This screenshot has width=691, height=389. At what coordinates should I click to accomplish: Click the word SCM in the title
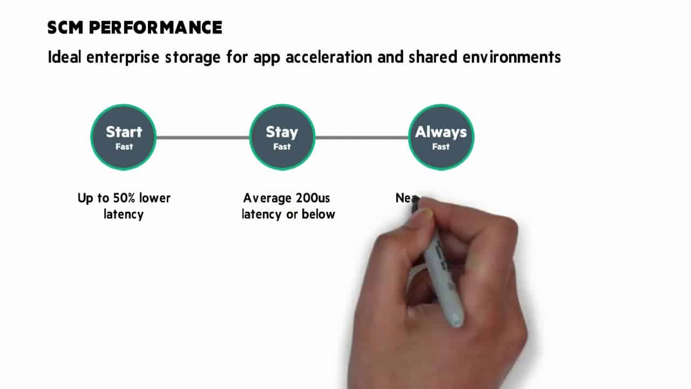[65, 28]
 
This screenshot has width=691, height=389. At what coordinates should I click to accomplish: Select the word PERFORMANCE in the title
[155, 28]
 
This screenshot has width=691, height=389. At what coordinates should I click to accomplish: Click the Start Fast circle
[124, 137]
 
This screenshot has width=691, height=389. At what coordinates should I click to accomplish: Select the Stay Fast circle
[282, 137]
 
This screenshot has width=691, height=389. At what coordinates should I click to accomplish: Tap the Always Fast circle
[441, 137]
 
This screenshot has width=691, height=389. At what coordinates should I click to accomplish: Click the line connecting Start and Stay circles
[202, 138]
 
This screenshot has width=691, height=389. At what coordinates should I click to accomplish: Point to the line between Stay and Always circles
[361, 138]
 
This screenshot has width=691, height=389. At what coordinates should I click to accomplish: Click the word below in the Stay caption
[319, 214]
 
